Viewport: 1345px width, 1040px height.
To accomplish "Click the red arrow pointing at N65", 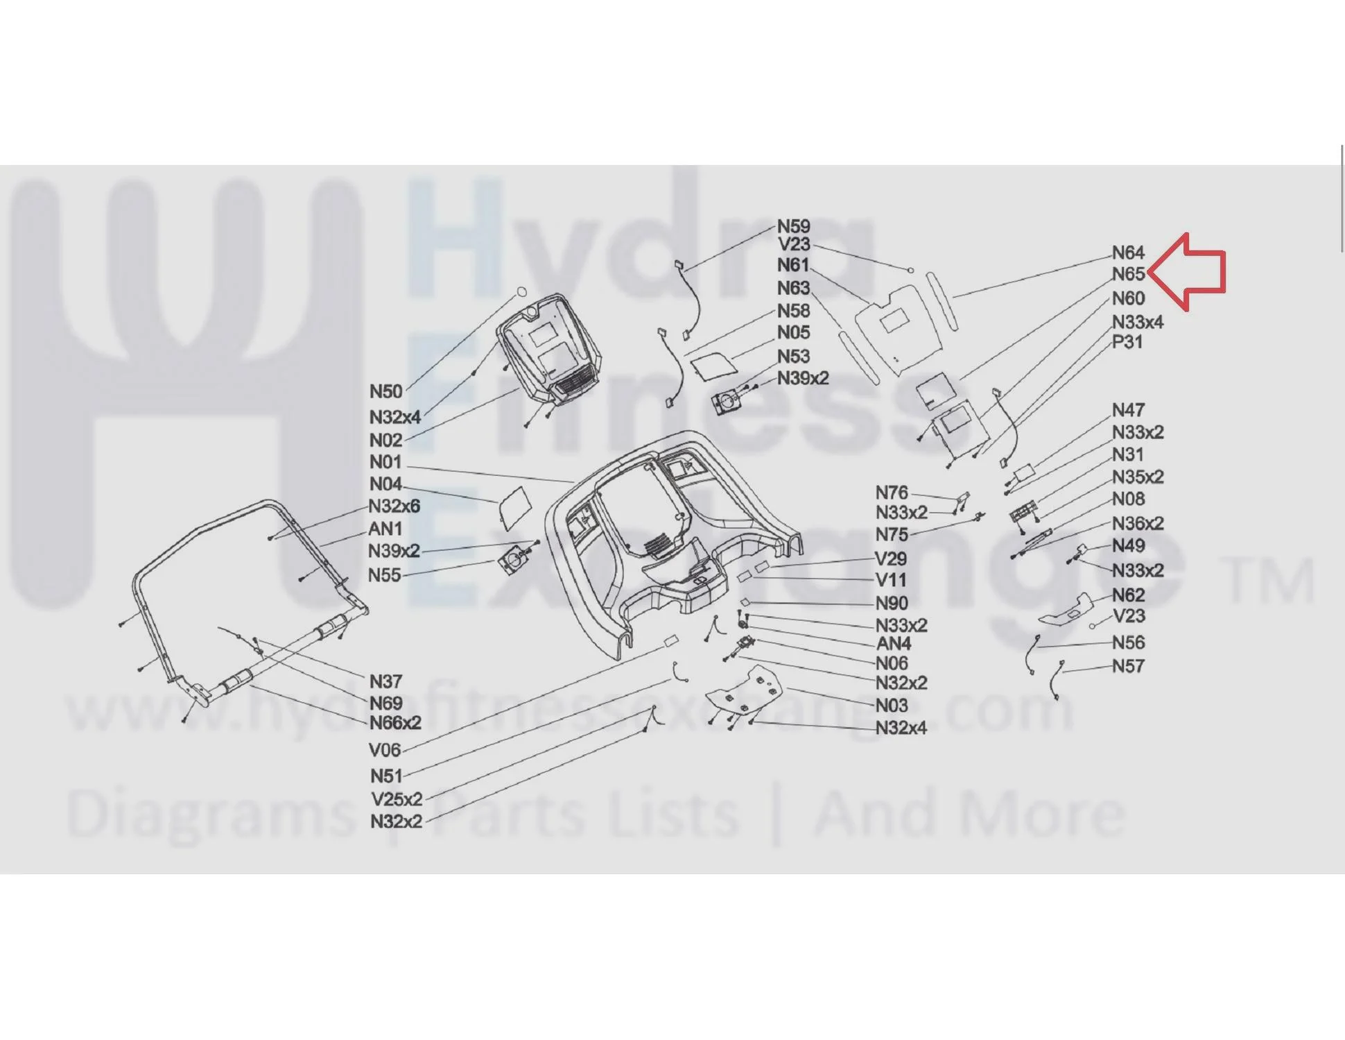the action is click(1187, 272).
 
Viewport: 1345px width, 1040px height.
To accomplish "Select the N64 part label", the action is click(1128, 253).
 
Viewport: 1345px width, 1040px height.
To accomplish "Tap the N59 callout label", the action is click(793, 226).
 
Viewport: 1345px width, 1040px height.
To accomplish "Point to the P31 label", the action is click(1127, 341).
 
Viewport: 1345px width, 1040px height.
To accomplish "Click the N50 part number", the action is click(385, 391).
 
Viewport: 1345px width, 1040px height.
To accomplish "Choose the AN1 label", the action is click(385, 529).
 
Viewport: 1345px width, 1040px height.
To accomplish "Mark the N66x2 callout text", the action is click(395, 723).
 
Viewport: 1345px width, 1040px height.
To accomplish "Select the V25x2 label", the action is click(397, 799).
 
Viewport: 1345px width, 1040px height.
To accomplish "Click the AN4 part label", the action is click(894, 644).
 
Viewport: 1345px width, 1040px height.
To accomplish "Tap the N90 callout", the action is click(892, 604).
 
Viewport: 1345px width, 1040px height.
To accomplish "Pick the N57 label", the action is click(1128, 666).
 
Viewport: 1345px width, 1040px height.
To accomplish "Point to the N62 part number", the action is click(1128, 595).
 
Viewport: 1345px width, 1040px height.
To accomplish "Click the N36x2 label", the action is click(1138, 523).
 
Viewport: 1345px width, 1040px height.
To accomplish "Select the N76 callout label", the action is click(892, 493).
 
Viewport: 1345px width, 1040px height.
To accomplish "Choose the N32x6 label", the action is click(394, 506).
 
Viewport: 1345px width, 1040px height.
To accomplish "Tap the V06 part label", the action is click(385, 750).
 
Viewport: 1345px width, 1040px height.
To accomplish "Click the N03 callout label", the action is click(892, 706).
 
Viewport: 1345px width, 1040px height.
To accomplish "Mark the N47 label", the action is click(1128, 410).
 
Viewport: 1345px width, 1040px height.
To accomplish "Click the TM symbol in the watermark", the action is click(1270, 581).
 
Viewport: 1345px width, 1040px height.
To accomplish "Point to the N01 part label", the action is click(385, 462).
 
